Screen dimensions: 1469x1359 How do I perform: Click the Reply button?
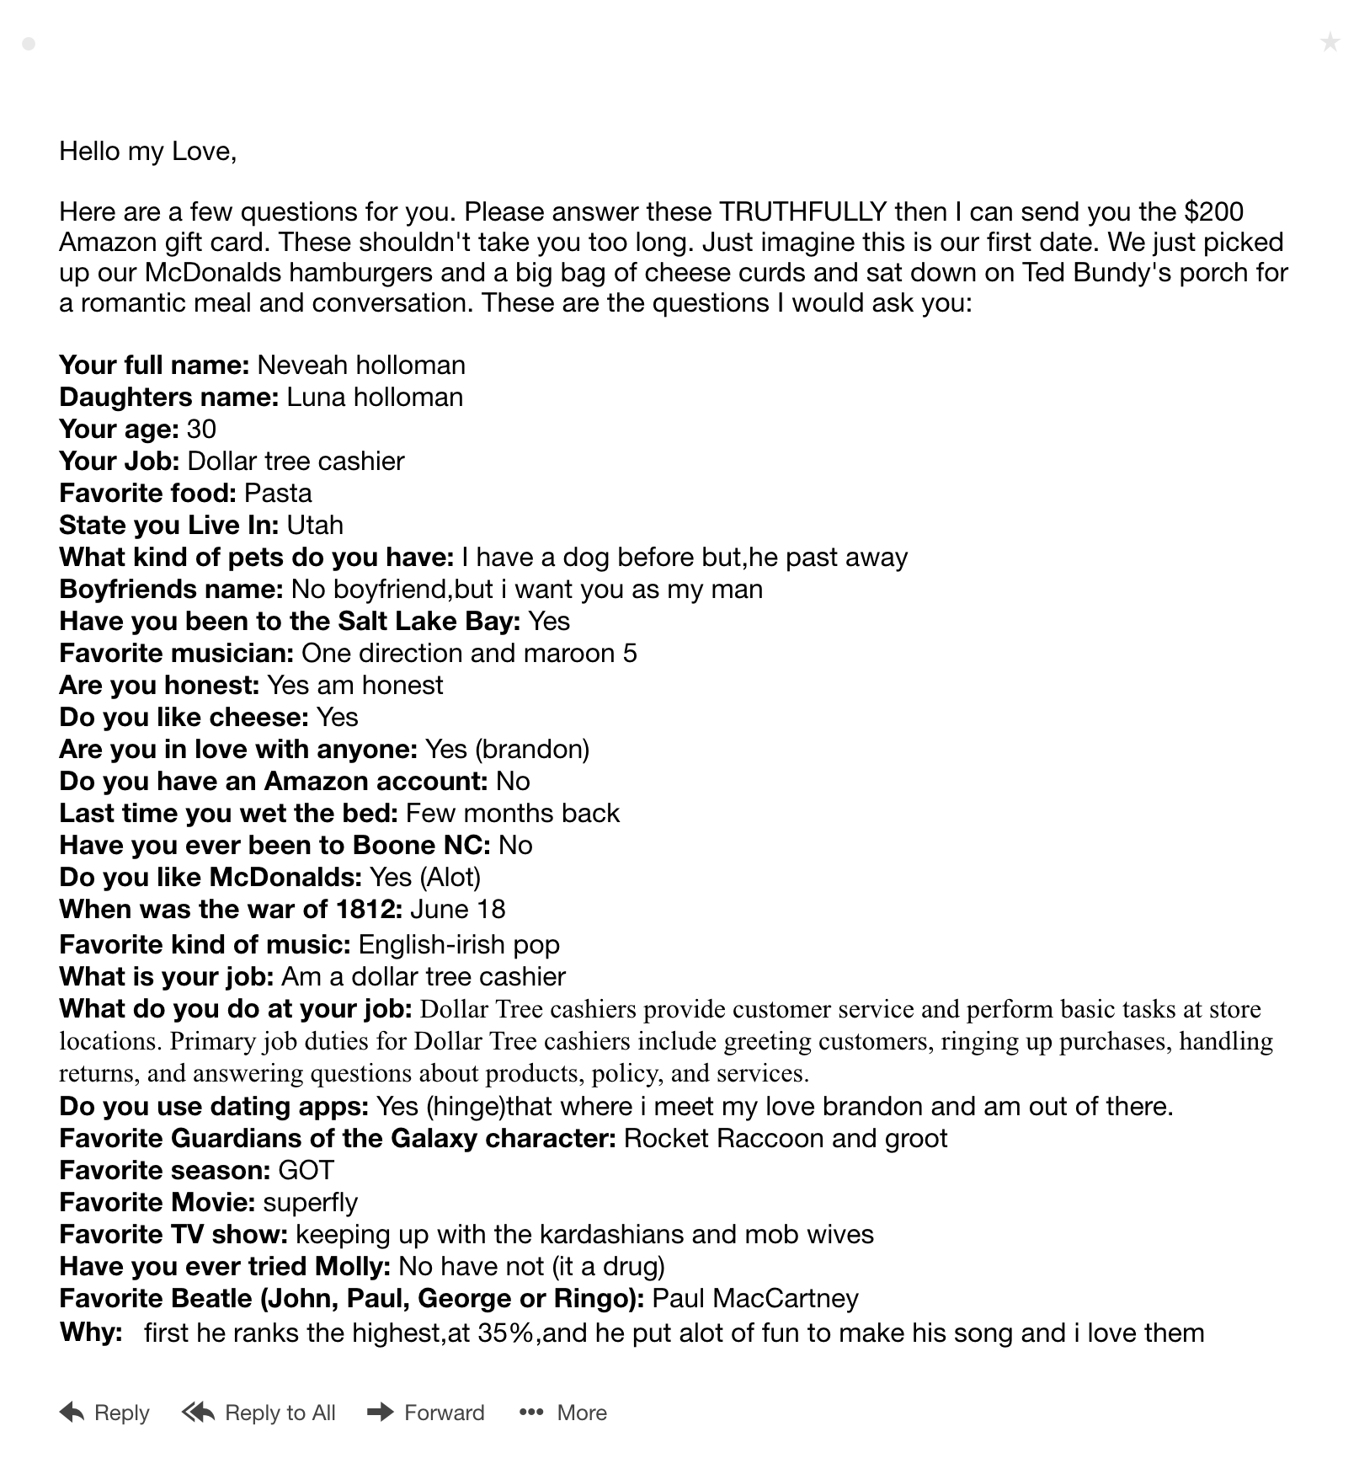104,1413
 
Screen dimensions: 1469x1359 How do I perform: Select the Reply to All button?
258,1413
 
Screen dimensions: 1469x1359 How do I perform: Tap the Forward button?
426,1413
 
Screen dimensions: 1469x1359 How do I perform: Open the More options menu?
562,1413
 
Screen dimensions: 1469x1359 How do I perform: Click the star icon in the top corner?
1330,41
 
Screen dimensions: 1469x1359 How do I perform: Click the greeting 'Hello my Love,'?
147,152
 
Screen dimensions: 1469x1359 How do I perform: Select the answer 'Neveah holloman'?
360,365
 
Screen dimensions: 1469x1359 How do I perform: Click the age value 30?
201,429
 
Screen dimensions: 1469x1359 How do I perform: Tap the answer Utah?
315,525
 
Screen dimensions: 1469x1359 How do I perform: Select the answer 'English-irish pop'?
459,944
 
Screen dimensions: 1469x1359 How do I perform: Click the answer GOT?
306,1170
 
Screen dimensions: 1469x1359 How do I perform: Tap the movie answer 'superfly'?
310,1202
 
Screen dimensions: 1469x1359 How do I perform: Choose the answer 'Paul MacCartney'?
755,1298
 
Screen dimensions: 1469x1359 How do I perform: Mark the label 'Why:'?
91,1333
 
